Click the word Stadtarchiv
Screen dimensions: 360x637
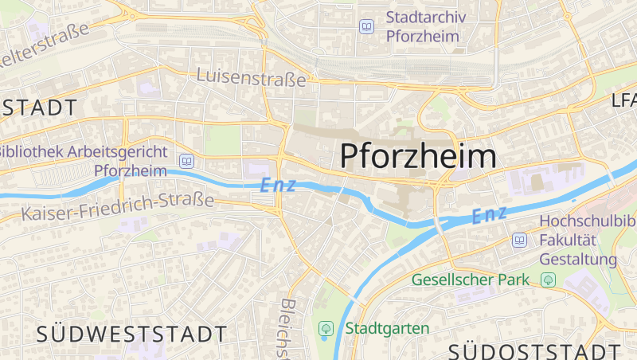pos(426,18)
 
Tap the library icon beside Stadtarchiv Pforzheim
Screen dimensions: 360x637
pos(366,27)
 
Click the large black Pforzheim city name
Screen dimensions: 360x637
pos(419,156)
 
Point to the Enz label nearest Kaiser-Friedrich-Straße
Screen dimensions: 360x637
pos(278,186)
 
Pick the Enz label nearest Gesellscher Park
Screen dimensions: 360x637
pos(490,214)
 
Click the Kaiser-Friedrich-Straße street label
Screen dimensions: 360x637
pos(118,207)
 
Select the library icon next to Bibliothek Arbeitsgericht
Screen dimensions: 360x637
pos(186,161)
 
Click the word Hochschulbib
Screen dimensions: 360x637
pos(588,221)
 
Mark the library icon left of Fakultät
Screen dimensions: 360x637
pos(519,240)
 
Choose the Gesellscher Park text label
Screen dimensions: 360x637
pos(471,280)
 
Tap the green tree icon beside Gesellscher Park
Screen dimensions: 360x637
pos(547,280)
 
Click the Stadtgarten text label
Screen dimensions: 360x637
pos(387,328)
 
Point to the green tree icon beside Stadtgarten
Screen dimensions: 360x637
pos(325,328)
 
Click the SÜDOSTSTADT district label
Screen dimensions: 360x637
pos(534,351)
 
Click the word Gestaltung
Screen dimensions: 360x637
pos(578,259)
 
